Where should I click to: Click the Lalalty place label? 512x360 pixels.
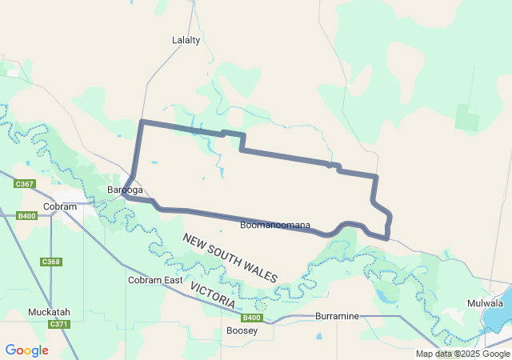(186, 40)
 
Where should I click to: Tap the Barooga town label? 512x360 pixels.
(125, 190)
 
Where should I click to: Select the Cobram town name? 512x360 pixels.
(60, 206)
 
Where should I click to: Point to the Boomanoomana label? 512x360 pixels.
(275, 225)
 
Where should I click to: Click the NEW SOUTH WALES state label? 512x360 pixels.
(230, 257)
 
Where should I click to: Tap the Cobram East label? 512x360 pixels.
(155, 280)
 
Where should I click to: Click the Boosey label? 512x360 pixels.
(242, 330)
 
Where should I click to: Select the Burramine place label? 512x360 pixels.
(337, 316)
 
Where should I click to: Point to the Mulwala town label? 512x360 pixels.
(486, 303)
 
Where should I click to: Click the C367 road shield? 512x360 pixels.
(25, 184)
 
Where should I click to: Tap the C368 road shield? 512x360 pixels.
(50, 262)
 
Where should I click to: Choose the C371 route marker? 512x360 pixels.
(58, 324)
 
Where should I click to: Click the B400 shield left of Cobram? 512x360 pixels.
(26, 216)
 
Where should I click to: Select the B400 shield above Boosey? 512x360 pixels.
(252, 318)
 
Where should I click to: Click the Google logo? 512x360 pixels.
(26, 350)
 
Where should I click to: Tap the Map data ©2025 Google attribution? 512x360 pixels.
(462, 354)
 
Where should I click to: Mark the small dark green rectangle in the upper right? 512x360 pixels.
(466, 118)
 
